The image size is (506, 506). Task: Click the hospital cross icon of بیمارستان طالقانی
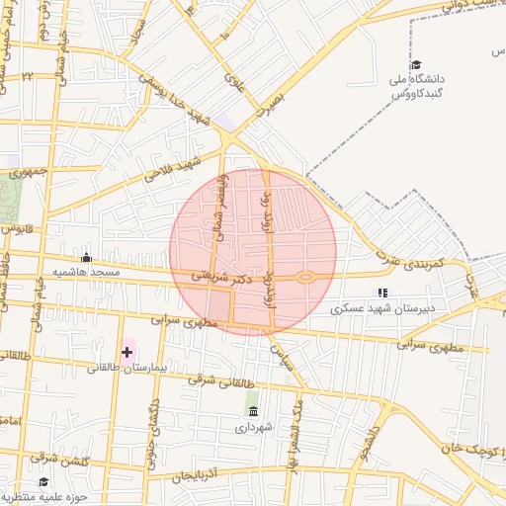point(127,352)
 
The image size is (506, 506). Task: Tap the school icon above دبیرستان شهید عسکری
point(382,293)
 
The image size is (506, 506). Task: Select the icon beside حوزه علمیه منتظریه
point(7,496)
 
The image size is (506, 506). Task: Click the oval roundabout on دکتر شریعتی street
point(306,278)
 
